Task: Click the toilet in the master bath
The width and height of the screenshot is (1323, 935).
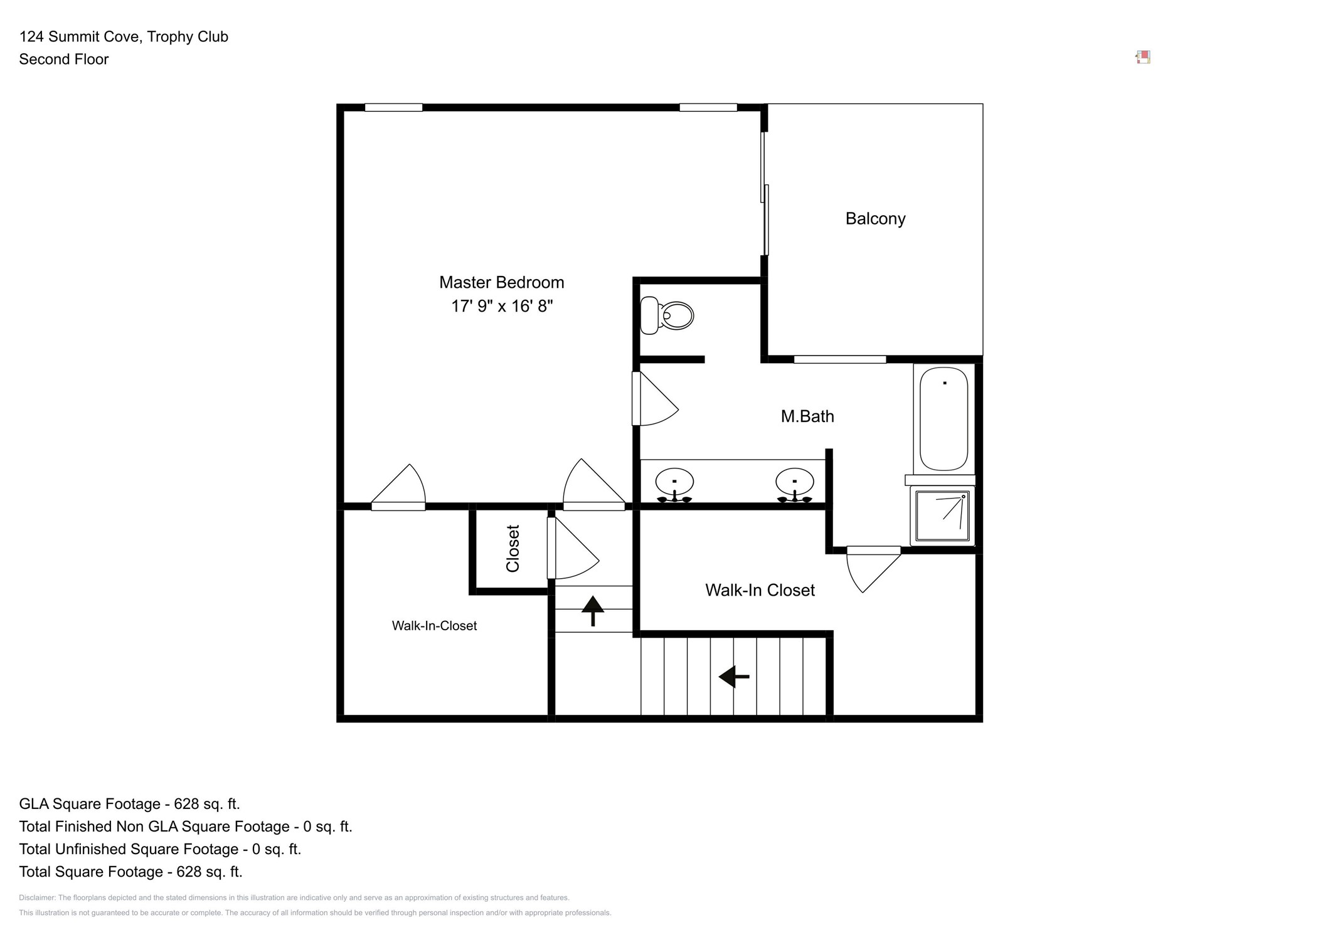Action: [x=667, y=315]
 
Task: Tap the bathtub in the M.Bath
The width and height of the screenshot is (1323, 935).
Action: [x=943, y=419]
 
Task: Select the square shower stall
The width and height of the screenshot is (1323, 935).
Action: [x=942, y=515]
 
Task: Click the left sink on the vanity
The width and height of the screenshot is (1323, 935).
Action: [x=674, y=483]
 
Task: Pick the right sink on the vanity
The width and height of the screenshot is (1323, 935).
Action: [x=794, y=483]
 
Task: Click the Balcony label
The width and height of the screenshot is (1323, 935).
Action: [x=875, y=219]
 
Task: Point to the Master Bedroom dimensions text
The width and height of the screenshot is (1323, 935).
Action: [x=502, y=306]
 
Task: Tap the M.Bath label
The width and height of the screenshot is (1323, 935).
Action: [x=807, y=416]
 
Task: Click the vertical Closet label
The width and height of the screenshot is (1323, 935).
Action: [x=513, y=549]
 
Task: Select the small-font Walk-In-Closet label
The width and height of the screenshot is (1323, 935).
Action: [x=434, y=626]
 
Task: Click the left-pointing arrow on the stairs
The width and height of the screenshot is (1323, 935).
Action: [x=734, y=677]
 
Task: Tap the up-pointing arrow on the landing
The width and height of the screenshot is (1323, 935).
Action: [x=593, y=610]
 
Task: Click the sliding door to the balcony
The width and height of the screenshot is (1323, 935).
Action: [x=765, y=193]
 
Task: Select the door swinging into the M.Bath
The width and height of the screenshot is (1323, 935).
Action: [x=652, y=399]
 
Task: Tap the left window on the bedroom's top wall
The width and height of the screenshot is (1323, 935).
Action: [x=393, y=108]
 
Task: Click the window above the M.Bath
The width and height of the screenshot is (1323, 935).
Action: [x=839, y=360]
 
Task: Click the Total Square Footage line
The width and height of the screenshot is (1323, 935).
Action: [x=130, y=872]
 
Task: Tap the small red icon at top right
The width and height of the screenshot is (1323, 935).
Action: [x=1143, y=58]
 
